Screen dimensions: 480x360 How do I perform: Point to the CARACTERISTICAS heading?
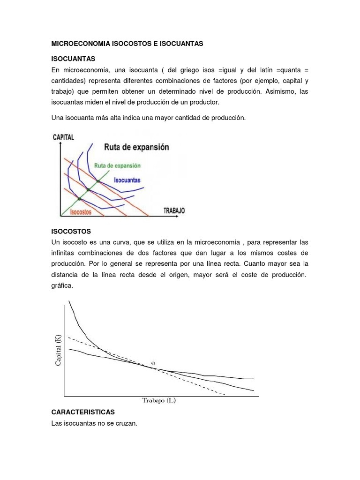tap(83, 412)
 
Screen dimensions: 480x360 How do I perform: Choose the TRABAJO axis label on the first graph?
tap(174, 210)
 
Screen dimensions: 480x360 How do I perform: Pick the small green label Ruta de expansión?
tap(117, 165)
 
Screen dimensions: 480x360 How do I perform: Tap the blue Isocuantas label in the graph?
tap(127, 180)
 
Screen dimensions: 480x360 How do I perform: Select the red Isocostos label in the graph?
tap(81, 212)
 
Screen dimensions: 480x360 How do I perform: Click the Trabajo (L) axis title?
tap(159, 400)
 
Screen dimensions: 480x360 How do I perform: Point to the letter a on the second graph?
tap(152, 362)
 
